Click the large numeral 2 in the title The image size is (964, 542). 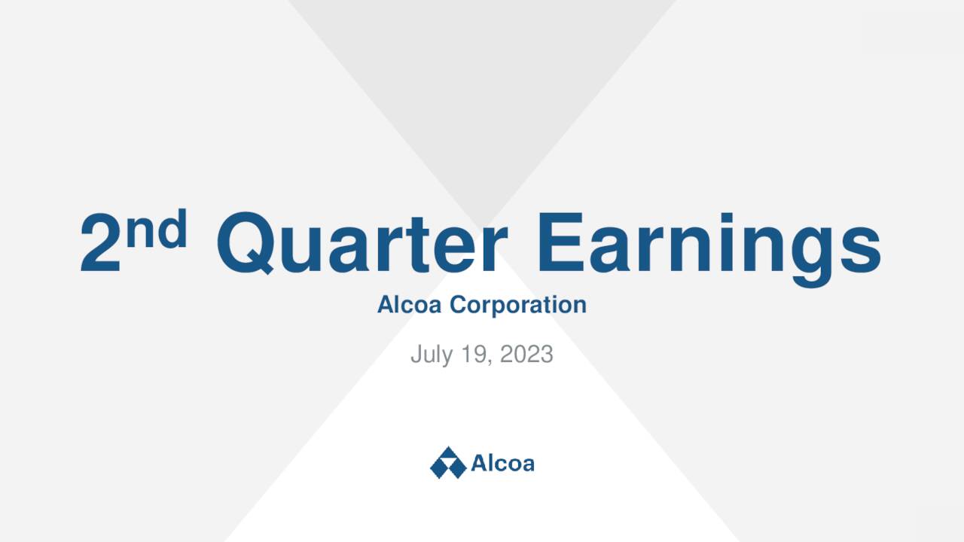click(101, 244)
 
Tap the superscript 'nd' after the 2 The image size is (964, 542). click(156, 230)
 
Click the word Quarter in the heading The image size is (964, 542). click(361, 244)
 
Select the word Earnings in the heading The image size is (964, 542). click(708, 244)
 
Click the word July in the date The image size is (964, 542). click(429, 354)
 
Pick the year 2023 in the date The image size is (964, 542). click(526, 354)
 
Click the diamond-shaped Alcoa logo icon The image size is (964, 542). click(448, 462)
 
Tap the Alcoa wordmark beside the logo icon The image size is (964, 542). click(502, 462)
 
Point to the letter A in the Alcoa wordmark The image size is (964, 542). click(479, 462)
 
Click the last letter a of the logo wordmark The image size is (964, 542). click(528, 464)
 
